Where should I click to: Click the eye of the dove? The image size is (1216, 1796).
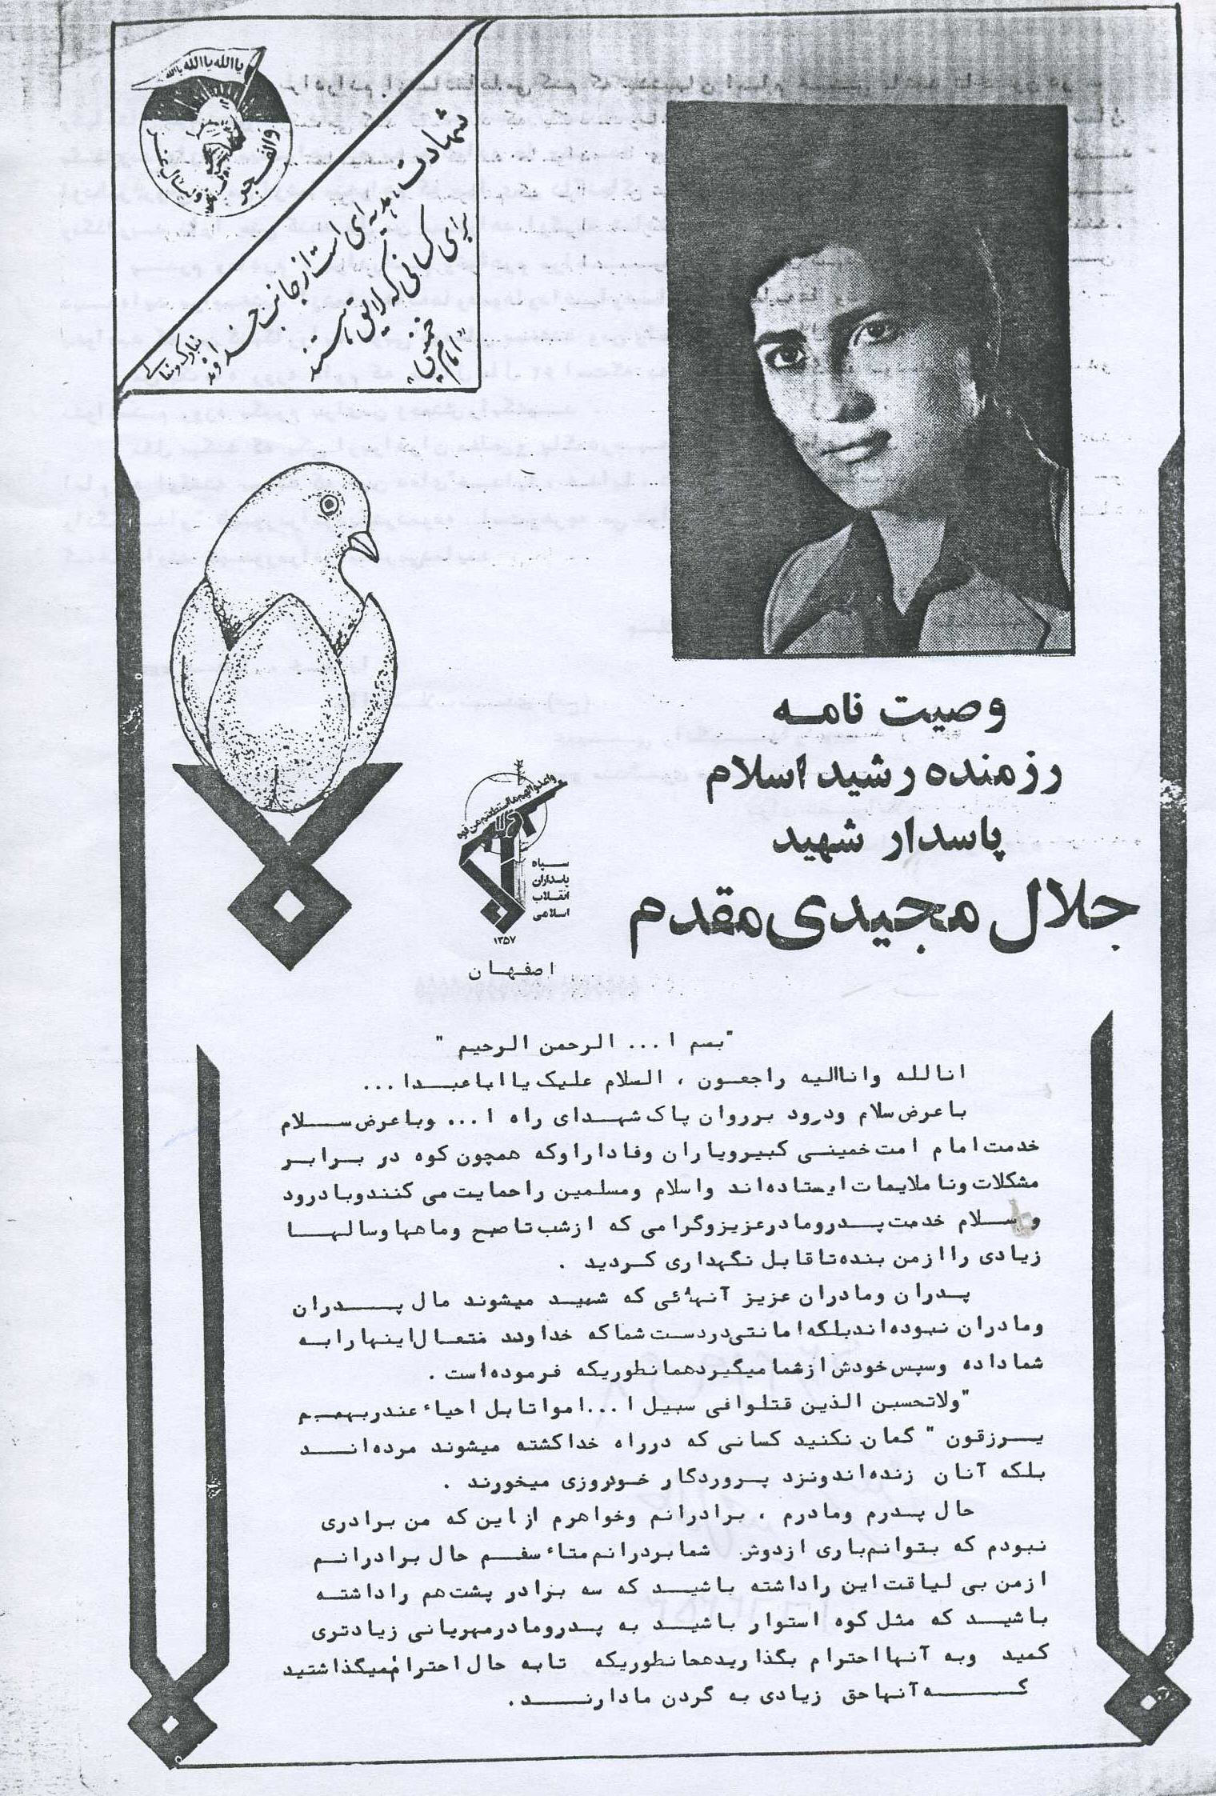coord(326,503)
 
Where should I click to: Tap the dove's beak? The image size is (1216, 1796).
coord(365,546)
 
